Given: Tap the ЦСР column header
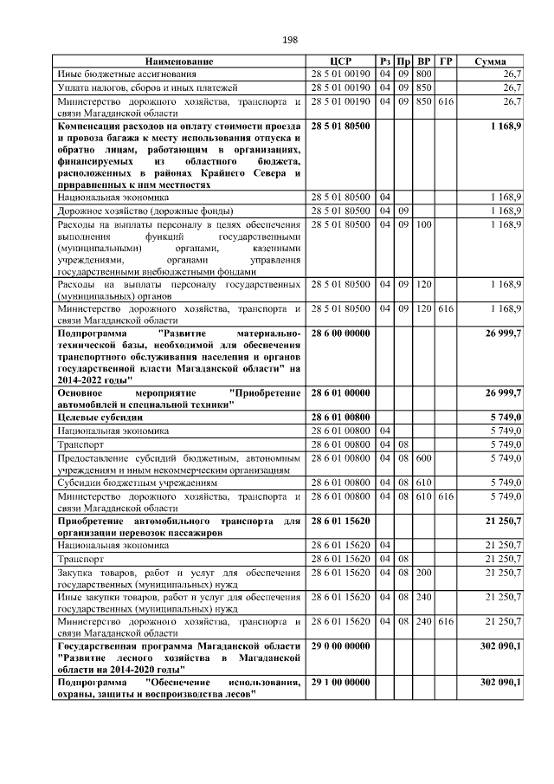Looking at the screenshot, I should [340, 62].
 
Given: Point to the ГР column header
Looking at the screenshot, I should [445, 62].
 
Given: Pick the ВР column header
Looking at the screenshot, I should [424, 62].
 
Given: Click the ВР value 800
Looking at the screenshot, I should [424, 75].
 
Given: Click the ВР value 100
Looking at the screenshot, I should [424, 224].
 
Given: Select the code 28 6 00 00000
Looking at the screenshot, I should [340, 333].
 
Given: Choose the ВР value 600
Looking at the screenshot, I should [424, 457].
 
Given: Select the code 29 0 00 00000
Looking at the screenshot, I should [340, 648].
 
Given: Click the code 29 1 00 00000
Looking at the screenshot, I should [340, 683].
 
